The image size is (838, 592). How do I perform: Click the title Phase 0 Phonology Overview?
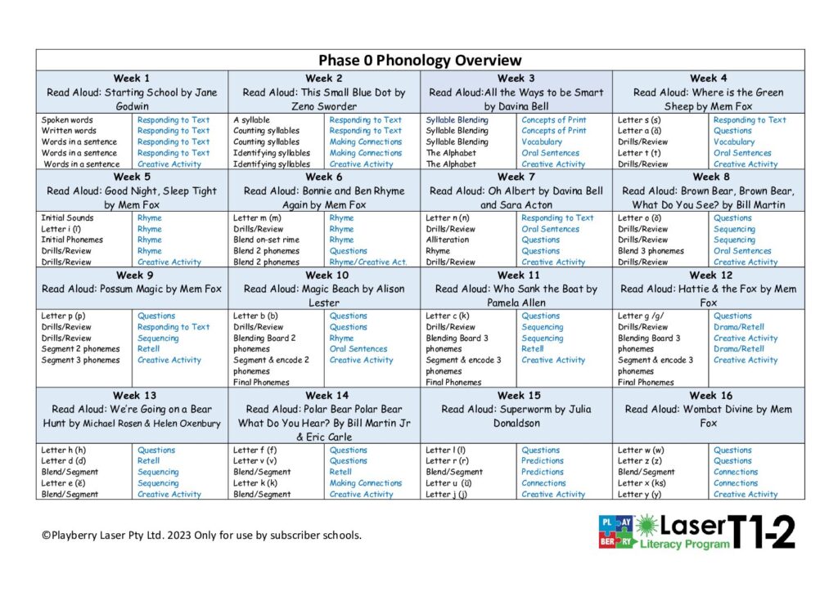[x=419, y=60]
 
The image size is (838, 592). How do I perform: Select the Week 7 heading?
[x=516, y=177]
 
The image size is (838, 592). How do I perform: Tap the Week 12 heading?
[x=708, y=275]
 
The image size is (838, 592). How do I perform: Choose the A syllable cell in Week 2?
[x=251, y=120]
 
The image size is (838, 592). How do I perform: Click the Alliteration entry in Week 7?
[x=448, y=240]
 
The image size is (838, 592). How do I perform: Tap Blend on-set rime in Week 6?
[x=266, y=240]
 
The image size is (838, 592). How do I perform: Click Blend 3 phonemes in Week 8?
[x=651, y=251]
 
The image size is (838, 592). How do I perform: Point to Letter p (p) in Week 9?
[x=63, y=316]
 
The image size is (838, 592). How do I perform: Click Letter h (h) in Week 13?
[x=64, y=450]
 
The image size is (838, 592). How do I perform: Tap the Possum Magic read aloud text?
[x=132, y=289]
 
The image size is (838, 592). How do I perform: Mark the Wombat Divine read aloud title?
[x=708, y=416]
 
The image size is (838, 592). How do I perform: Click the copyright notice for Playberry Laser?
[x=201, y=536]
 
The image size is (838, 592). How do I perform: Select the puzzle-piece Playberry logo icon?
[x=616, y=531]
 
